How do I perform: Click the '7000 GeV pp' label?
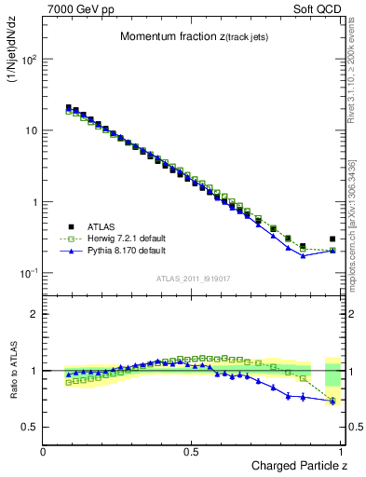[75, 8]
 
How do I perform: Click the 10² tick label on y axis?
[29, 60]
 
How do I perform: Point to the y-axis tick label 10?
[31, 130]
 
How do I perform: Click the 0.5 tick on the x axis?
[191, 452]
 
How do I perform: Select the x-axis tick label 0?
[44, 452]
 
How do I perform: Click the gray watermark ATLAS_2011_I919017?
[192, 279]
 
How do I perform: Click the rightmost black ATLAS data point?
[332, 238]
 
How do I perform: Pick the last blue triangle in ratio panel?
[332, 401]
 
